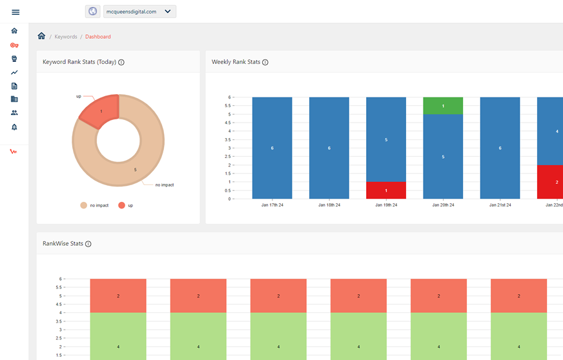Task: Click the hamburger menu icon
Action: point(15,12)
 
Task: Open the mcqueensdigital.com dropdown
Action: point(139,12)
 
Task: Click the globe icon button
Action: point(92,12)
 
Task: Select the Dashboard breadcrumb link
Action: point(98,37)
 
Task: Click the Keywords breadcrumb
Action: point(66,37)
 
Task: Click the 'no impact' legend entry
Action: point(94,205)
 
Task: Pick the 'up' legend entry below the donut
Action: point(126,205)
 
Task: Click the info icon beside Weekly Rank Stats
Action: point(265,62)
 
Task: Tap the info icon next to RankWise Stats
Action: point(88,244)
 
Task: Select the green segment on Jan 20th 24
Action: point(443,106)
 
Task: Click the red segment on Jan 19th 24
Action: point(386,190)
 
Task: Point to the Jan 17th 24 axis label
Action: point(272,205)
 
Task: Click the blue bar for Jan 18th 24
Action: point(329,148)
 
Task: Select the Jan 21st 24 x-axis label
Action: point(500,205)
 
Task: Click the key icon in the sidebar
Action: point(14,45)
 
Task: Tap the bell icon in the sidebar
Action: point(14,127)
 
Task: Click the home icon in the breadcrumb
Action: point(42,36)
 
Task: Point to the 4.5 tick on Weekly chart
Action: point(228,123)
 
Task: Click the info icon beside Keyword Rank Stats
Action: point(121,62)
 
